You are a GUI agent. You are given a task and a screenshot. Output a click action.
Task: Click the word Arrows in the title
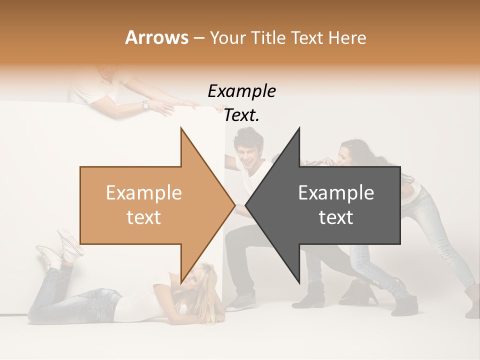pos(156,37)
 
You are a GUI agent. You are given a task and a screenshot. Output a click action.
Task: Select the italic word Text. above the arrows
pos(241,115)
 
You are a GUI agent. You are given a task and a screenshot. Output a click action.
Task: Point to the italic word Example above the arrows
pos(241,91)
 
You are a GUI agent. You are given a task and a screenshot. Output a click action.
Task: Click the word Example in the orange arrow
pos(143,192)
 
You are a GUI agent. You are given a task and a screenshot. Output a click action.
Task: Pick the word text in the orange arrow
pos(143,217)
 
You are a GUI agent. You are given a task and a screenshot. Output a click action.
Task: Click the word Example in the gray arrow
pos(336,192)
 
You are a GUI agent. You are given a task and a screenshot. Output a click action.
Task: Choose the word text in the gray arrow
pos(336,217)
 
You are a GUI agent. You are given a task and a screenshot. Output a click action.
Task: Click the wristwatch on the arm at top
pos(145,105)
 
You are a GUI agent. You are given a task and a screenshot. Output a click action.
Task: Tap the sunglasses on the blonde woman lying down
pos(191,280)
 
